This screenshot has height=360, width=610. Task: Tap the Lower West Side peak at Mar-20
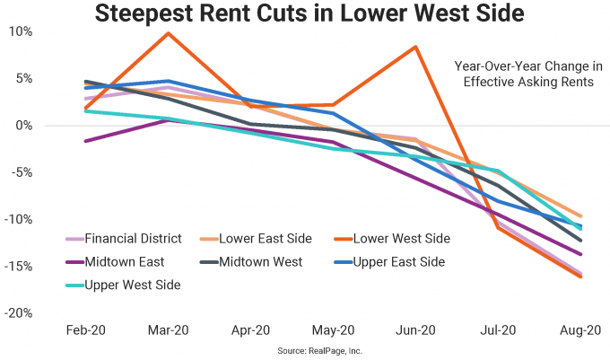point(168,33)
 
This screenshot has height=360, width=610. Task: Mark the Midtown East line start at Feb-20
point(85,141)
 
